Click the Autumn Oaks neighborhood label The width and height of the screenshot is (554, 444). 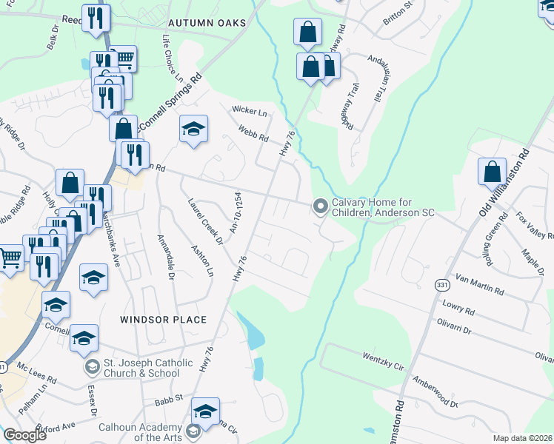click(x=207, y=23)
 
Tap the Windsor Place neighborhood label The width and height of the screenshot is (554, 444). click(x=163, y=319)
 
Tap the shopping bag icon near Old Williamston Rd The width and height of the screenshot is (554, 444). click(x=492, y=172)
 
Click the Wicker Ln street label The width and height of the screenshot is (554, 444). click(x=250, y=111)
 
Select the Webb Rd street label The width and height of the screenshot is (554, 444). click(x=253, y=133)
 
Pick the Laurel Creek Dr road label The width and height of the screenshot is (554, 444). click(x=205, y=220)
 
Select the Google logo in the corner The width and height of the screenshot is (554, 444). click(x=25, y=435)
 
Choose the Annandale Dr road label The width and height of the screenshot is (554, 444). click(x=164, y=258)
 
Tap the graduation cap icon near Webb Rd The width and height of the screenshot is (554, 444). click(x=193, y=130)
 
